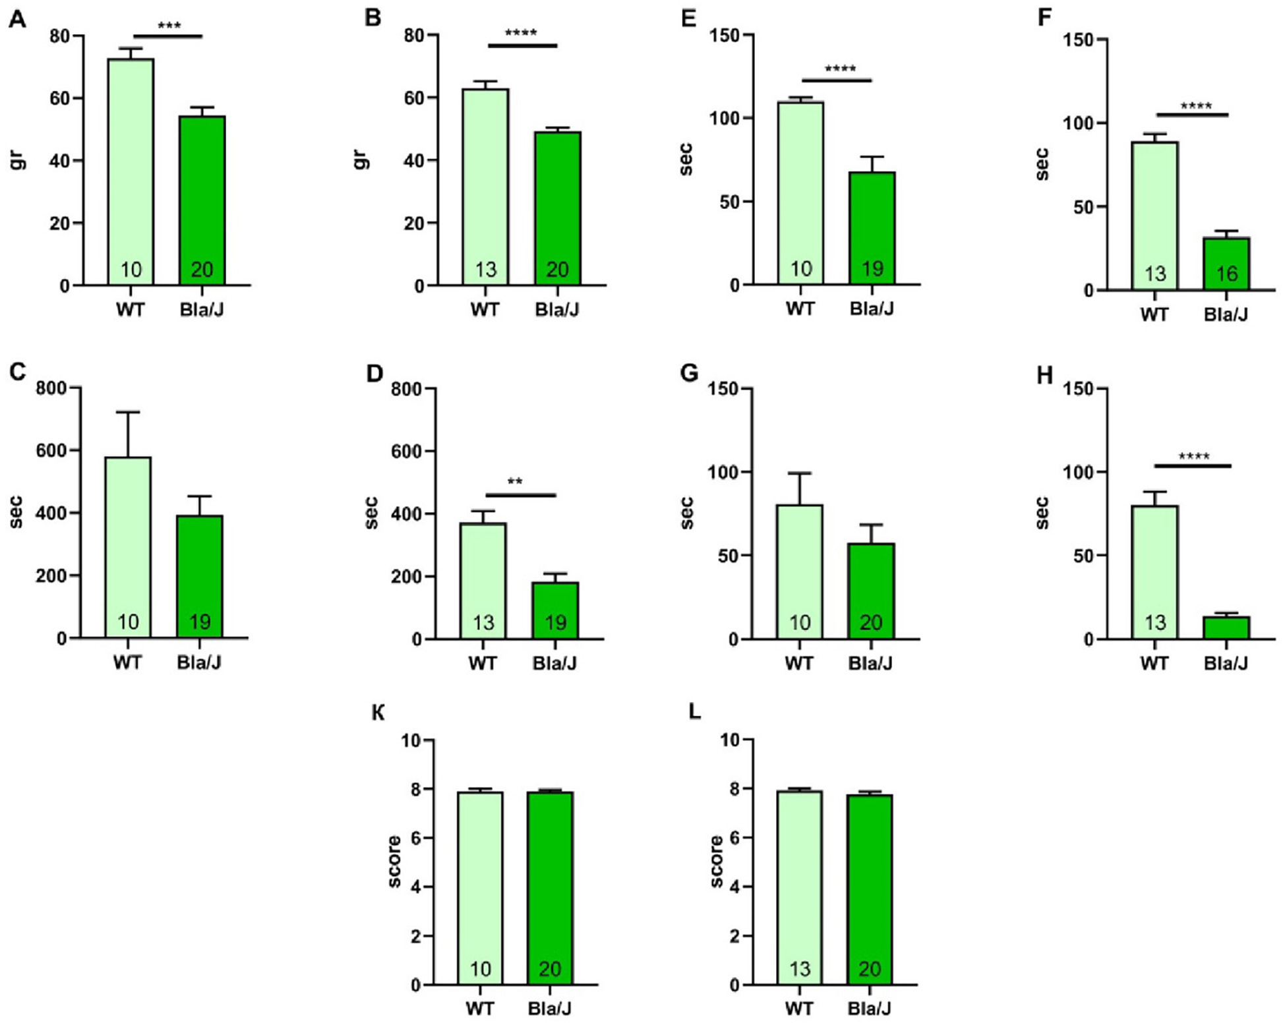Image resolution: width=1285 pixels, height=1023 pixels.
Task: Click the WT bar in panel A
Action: click(131, 171)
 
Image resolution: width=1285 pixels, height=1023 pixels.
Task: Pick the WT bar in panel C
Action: click(128, 547)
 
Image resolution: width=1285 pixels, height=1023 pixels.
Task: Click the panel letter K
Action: click(378, 713)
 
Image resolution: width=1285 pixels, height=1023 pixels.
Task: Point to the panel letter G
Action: click(688, 374)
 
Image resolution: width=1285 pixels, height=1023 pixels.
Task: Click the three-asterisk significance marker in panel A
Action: click(169, 27)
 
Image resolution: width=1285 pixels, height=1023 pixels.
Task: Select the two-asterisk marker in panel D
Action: click(515, 482)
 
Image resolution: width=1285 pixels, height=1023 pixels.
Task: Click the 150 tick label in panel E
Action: click(725, 35)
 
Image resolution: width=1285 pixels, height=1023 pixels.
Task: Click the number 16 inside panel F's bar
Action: click(1226, 274)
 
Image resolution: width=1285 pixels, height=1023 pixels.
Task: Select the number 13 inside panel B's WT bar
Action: click(486, 270)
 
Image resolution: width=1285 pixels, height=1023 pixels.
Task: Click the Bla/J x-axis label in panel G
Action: click(870, 662)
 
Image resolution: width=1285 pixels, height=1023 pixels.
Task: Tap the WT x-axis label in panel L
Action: click(799, 1008)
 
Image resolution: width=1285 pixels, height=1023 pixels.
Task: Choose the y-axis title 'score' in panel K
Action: click(394, 861)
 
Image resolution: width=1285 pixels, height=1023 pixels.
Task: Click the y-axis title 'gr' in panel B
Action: click(361, 160)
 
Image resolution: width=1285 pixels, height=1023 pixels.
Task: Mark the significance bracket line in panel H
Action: click(1193, 466)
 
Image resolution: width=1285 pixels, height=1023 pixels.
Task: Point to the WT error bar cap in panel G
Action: click(800, 473)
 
